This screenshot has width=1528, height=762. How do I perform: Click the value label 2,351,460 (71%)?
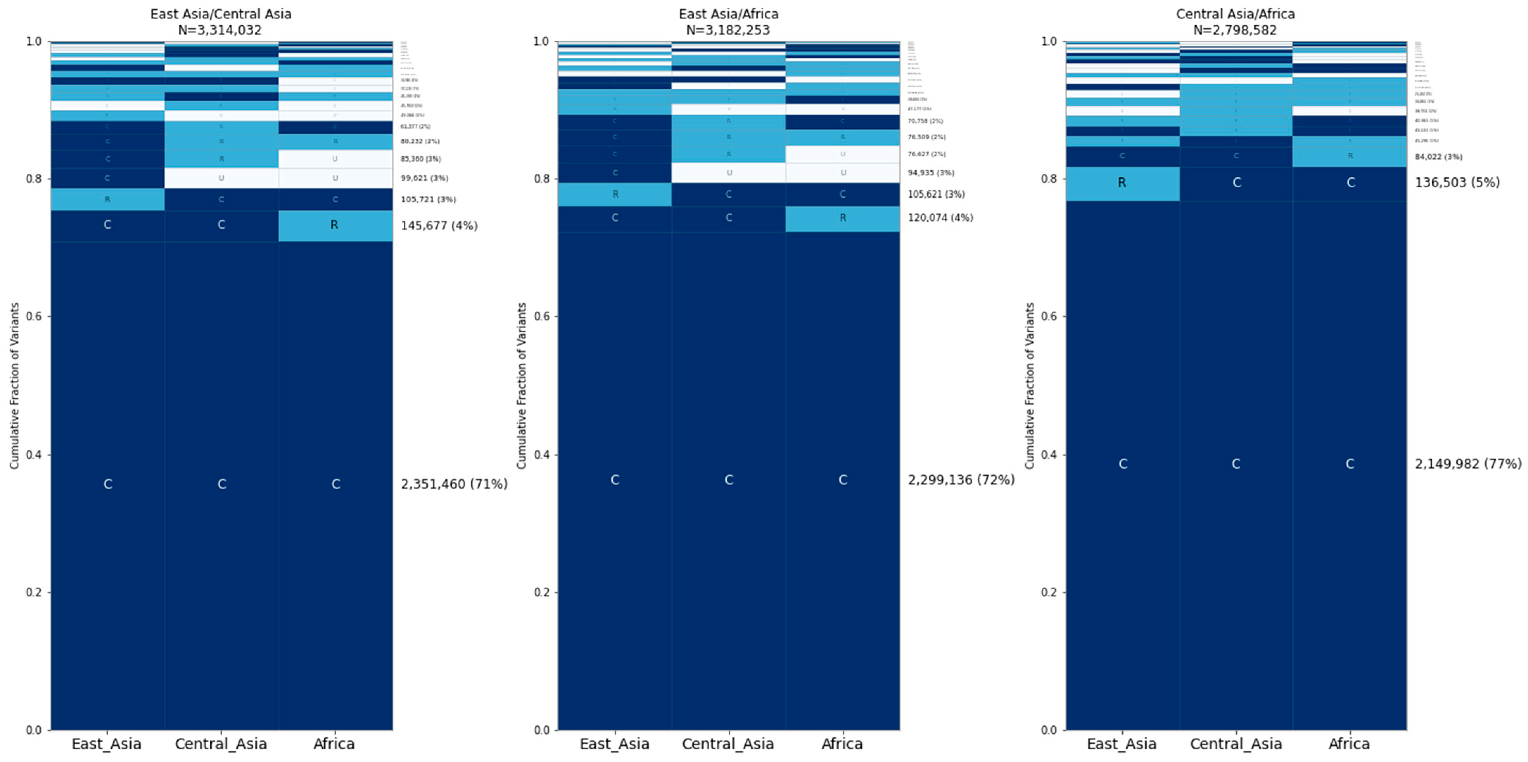click(x=454, y=484)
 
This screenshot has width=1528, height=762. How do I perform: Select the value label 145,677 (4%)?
click(x=439, y=226)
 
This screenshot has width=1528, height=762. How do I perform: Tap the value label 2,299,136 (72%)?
click(x=961, y=480)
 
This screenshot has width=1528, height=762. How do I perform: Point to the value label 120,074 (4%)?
click(x=940, y=218)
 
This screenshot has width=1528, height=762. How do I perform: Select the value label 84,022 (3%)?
click(x=1438, y=157)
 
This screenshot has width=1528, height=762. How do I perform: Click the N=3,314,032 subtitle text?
click(x=220, y=30)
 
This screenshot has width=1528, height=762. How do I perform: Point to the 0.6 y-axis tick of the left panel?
click(x=34, y=316)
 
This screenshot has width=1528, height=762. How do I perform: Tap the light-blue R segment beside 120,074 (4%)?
click(x=842, y=218)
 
